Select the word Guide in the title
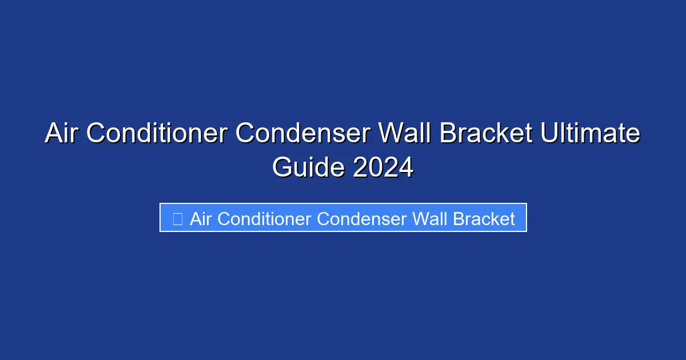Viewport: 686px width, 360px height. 308,167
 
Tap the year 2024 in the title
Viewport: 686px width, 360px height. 383,167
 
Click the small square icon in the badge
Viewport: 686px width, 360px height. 177,218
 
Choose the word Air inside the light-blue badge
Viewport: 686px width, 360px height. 201,218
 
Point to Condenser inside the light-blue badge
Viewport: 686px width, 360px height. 362,218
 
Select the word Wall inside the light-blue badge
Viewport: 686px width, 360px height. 429,218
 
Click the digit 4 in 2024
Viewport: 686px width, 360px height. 405,167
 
